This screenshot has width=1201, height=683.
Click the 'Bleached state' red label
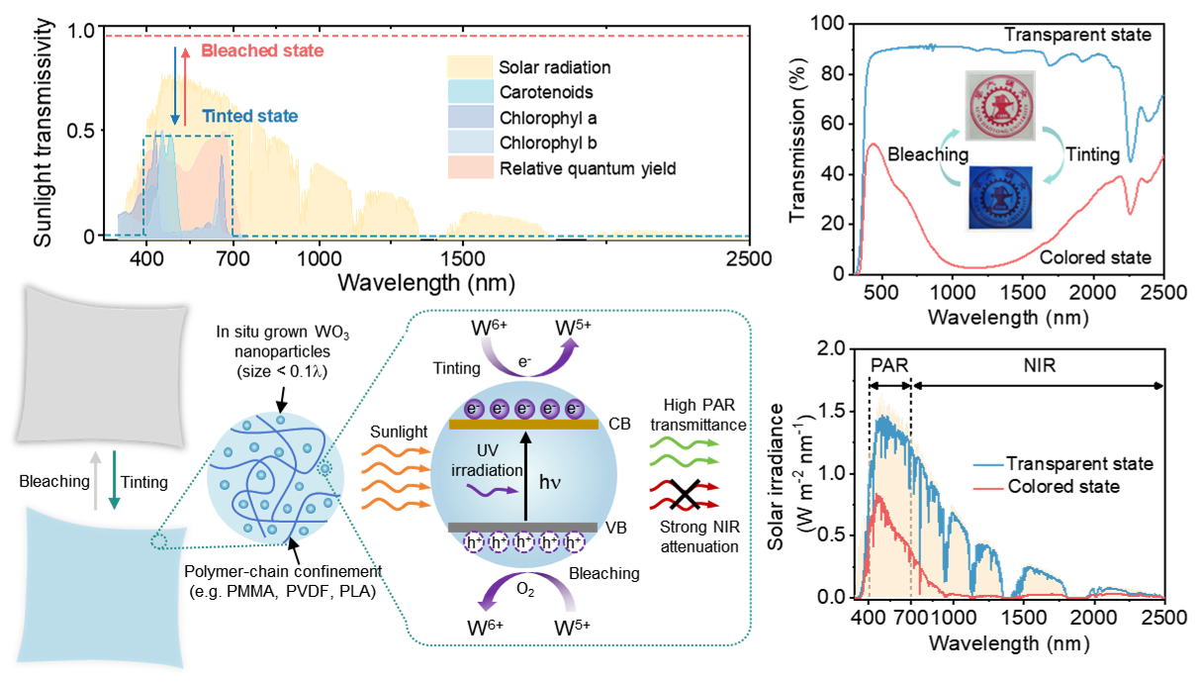(x=262, y=50)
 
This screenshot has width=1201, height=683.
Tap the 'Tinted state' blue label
(x=250, y=116)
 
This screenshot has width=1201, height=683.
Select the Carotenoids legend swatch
(x=470, y=91)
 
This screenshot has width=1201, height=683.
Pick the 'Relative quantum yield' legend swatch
(x=470, y=167)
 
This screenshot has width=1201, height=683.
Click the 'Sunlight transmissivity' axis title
(x=43, y=133)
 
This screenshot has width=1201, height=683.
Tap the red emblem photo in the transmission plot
(x=1000, y=105)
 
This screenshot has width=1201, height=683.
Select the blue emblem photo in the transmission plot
(x=1000, y=198)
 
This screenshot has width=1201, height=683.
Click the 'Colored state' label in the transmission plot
(x=1095, y=257)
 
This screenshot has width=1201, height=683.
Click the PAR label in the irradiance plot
(x=889, y=365)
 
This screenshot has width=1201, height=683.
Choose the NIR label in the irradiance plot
(x=1040, y=365)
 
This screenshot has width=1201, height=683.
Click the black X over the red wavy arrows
(x=685, y=494)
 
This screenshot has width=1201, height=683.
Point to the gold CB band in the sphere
(x=523, y=425)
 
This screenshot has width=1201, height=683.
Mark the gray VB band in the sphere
(x=522, y=527)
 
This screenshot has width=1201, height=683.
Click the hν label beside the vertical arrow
(x=550, y=482)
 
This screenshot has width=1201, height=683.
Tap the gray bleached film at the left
(x=102, y=366)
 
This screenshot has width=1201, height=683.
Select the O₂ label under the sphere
(x=525, y=590)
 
